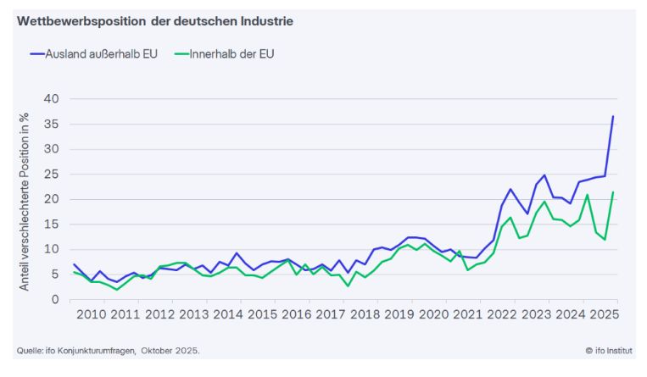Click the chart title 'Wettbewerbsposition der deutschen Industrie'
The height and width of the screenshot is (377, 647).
tap(154, 21)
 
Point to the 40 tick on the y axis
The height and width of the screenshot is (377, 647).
tap(51, 99)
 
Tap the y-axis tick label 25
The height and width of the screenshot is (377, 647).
tap(51, 175)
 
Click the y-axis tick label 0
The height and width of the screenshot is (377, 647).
tap(55, 299)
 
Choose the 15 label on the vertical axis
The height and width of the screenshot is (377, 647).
tap(51, 225)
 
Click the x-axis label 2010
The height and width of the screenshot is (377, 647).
tap(91, 315)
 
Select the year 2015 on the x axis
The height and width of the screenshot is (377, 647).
tap(262, 315)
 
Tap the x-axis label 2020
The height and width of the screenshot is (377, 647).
tap(433, 315)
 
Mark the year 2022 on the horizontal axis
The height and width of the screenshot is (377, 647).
tap(502, 315)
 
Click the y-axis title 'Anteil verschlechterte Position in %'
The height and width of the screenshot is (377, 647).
tap(25, 201)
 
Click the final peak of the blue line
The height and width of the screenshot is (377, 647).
tap(613, 116)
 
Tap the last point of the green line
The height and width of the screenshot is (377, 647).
tap(613, 192)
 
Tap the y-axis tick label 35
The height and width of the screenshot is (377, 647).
tap(51, 125)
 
